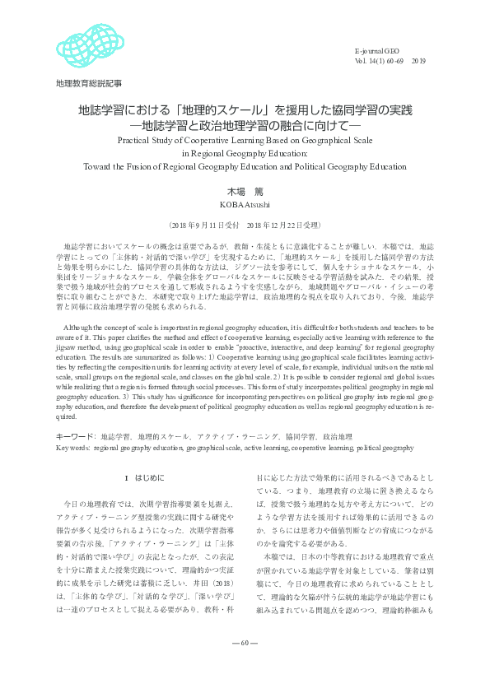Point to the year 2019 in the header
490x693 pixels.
click(418, 60)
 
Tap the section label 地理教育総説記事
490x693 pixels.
click(88, 83)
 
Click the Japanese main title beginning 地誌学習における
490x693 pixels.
click(245, 109)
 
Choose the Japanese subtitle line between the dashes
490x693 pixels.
click(245, 126)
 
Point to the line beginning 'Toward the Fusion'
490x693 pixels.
click(245, 165)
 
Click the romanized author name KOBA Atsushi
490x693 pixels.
click(245, 203)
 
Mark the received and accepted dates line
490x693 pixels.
click(245, 224)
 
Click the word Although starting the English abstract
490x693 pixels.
click(81, 305)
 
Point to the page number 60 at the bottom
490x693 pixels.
click(245, 665)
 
